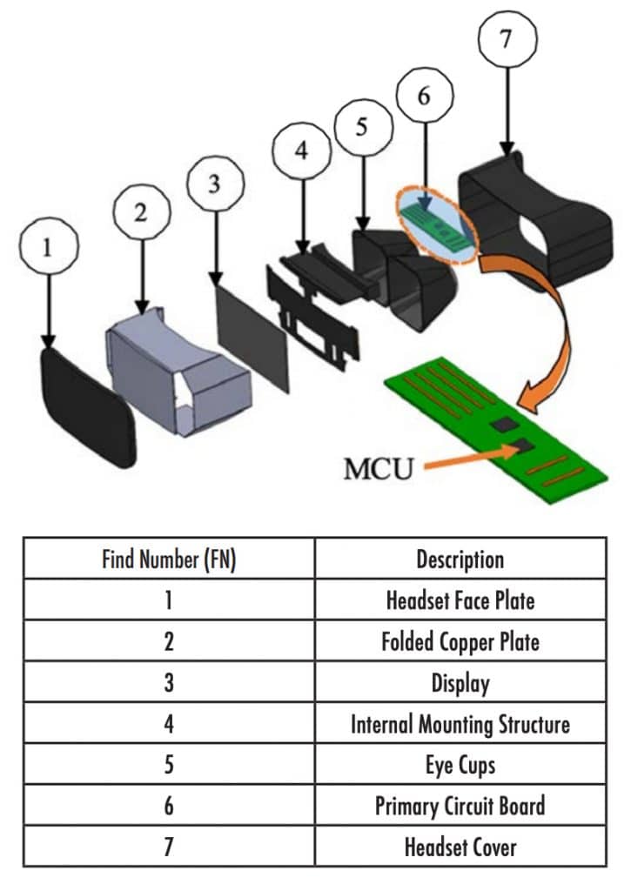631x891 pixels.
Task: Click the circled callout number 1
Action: coord(48,247)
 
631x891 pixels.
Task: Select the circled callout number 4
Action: coord(301,151)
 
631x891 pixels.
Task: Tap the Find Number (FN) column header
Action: coord(169,559)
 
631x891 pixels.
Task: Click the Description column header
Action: coord(460,559)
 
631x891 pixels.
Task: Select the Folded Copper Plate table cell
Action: coord(460,642)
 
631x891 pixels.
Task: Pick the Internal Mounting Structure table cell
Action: coord(460,724)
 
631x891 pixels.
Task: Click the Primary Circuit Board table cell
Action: coord(460,806)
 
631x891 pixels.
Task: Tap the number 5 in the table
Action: coord(169,765)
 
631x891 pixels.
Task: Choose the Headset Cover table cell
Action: coord(460,847)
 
